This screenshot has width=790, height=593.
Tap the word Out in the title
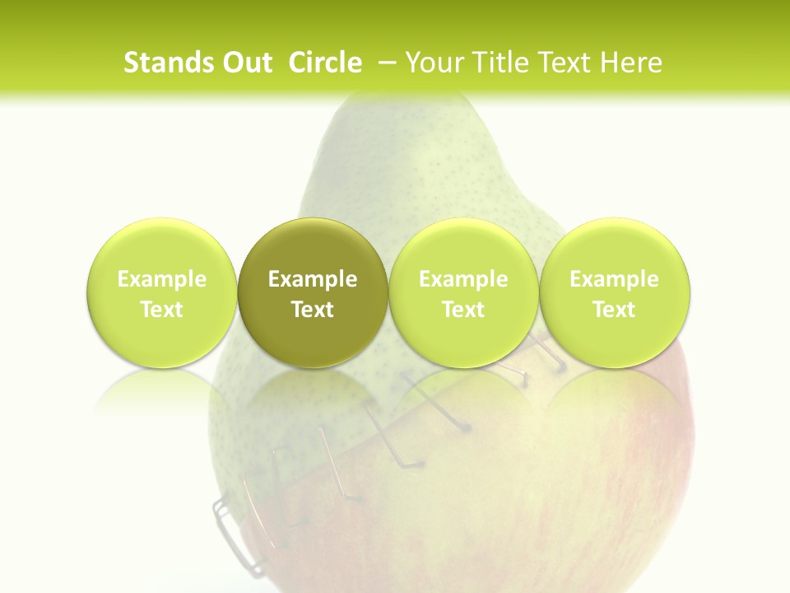pos(246,63)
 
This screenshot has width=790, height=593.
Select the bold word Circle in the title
pos(325,63)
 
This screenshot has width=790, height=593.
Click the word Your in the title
pos(433,63)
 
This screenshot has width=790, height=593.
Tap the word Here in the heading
pos(632,63)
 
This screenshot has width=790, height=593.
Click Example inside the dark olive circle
pos(313,279)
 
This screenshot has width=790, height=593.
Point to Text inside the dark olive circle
pos(313,310)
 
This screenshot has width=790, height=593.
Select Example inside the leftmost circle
pos(162,279)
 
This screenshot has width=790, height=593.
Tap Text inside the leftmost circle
pos(162,310)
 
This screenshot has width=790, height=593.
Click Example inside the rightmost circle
pos(615,279)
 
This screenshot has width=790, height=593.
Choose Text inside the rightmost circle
pos(615,310)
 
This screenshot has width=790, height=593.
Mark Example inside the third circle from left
pos(463,279)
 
